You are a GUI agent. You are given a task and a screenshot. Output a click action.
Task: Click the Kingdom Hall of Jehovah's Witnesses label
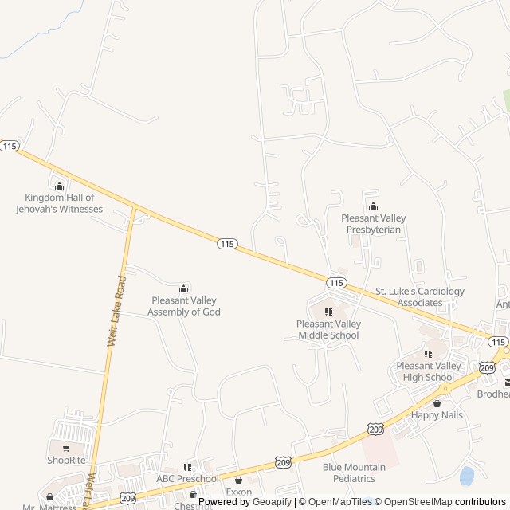tap(59, 203)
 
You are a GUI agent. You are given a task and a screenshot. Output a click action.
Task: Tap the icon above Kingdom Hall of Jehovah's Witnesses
tap(59, 186)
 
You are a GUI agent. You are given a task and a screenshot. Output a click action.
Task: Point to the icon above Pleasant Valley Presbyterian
tap(373, 206)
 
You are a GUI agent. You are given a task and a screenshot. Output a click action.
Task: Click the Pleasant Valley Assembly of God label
tap(184, 306)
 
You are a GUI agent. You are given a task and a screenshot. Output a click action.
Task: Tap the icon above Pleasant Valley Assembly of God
tap(184, 288)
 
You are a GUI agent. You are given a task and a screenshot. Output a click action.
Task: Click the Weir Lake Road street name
tap(116, 310)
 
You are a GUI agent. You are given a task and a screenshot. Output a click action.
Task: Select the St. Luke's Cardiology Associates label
tap(419, 297)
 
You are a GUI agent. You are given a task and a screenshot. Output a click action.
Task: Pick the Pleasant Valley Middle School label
tap(328, 329)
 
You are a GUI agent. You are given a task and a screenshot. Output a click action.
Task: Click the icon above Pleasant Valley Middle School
tap(328, 312)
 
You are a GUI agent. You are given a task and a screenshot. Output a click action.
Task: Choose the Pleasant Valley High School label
tap(428, 371)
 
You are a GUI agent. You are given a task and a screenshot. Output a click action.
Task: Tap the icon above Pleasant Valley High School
tap(428, 354)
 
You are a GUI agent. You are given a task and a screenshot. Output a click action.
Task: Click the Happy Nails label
tap(437, 415)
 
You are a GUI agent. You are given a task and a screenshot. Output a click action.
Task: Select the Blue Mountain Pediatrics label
tap(354, 473)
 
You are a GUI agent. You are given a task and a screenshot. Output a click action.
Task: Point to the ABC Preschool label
tap(187, 479)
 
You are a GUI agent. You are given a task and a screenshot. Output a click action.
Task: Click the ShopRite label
tap(65, 460)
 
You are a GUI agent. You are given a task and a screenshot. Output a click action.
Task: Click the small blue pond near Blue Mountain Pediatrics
tap(467, 476)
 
